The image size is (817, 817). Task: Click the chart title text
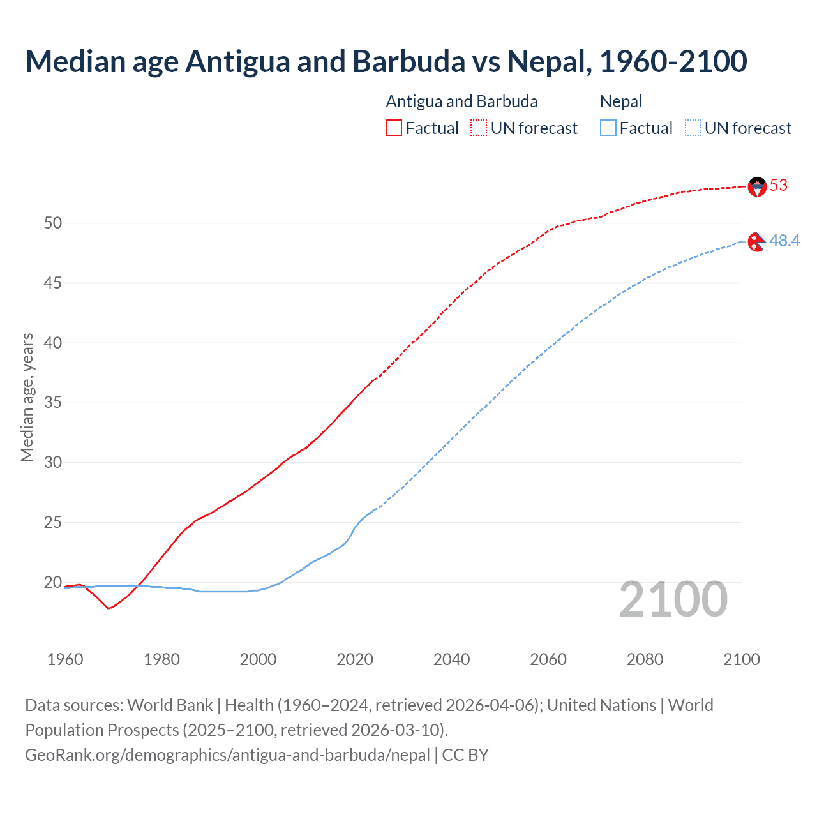tap(386, 61)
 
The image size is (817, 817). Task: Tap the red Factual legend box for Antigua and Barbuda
tap(394, 128)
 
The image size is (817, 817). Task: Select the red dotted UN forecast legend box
tap(479, 128)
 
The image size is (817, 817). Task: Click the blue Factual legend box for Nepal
tap(608, 128)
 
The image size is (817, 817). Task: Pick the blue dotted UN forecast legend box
tap(693, 128)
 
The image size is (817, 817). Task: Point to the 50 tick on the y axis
tap(53, 223)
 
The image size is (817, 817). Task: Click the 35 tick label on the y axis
tap(53, 403)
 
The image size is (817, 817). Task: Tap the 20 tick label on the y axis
tap(53, 583)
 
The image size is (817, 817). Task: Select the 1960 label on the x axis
tap(65, 659)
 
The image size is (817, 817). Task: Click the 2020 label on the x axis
tap(355, 659)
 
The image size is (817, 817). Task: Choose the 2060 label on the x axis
tap(548, 659)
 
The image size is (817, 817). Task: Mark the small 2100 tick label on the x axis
tap(742, 659)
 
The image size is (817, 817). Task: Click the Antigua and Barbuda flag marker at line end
tap(757, 186)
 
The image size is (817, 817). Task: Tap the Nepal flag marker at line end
tap(756, 242)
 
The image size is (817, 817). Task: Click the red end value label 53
tap(779, 186)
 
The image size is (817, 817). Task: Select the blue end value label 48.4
tap(784, 241)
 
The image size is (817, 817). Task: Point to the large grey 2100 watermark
tap(673, 599)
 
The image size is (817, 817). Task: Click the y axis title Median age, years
tap(27, 397)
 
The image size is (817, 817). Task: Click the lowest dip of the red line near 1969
tap(109, 608)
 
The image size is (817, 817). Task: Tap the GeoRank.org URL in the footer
tap(227, 755)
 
